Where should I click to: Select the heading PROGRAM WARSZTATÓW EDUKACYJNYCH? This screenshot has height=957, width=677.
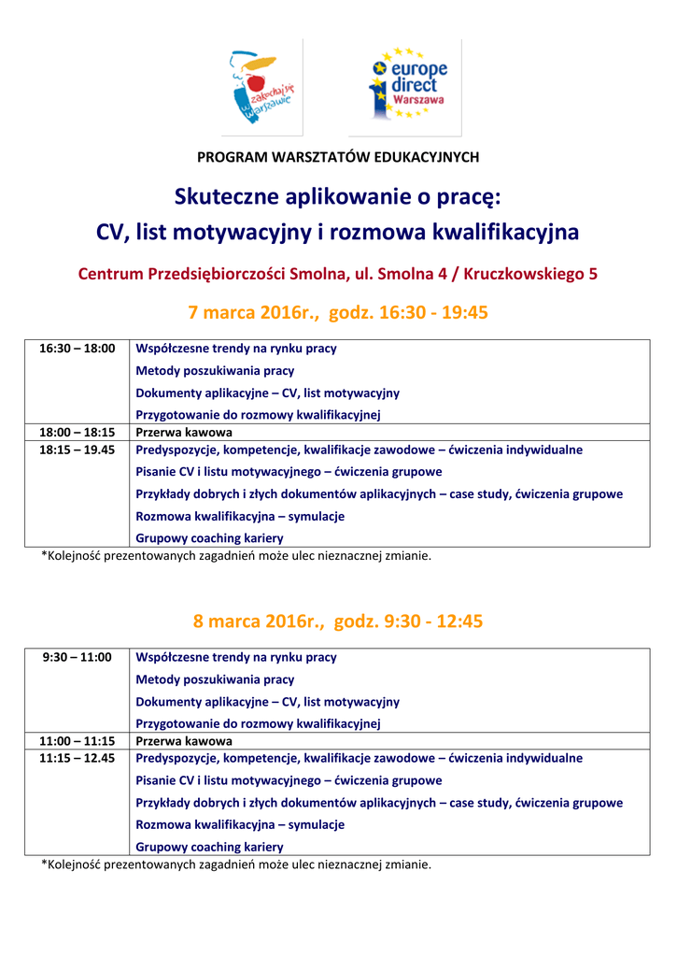pyautogui.click(x=338, y=157)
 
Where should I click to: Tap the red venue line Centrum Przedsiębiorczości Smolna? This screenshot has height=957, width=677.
pyautogui.click(x=338, y=275)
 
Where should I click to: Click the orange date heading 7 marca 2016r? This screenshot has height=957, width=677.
pyautogui.click(x=338, y=312)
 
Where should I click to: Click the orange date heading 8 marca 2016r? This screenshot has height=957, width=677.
pyautogui.click(x=338, y=621)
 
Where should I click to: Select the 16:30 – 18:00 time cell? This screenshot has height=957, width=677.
pyautogui.click(x=77, y=349)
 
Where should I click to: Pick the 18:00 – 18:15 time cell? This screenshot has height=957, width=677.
pyautogui.click(x=77, y=433)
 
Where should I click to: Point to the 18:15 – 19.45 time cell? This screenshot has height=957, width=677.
pyautogui.click(x=77, y=450)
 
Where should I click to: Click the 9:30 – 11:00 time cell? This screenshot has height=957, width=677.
pyautogui.click(x=77, y=657)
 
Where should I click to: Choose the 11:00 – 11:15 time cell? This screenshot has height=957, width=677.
pyautogui.click(x=77, y=741)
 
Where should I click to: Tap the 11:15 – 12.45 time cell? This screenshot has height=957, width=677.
pyautogui.click(x=77, y=758)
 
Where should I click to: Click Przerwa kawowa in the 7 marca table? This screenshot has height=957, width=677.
pyautogui.click(x=184, y=433)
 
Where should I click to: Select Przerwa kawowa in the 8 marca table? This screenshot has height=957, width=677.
pyautogui.click(x=184, y=741)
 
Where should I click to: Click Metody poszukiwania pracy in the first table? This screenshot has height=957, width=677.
pyautogui.click(x=215, y=371)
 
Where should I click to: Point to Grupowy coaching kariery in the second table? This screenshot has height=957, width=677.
pyautogui.click(x=209, y=847)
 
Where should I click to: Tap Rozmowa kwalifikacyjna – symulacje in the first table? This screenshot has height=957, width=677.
pyautogui.click(x=240, y=516)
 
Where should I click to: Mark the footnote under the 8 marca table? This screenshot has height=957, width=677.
pyautogui.click(x=236, y=864)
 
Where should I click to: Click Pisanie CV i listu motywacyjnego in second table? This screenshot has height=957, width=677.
pyautogui.click(x=289, y=780)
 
